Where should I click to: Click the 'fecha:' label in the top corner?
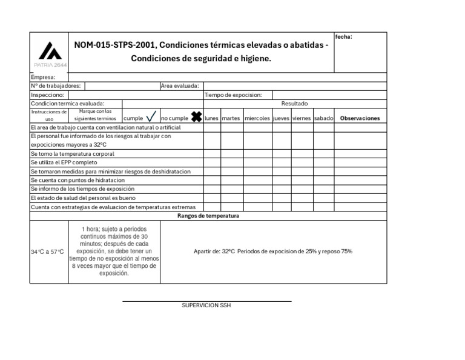tap(343, 37)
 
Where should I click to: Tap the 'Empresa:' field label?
tap(43, 77)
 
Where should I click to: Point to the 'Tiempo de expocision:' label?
tap(233, 95)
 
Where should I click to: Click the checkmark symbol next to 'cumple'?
tap(151, 117)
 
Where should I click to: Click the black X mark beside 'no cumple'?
tap(196, 116)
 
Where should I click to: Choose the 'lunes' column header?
tap(211, 118)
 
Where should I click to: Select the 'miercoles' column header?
tap(257, 118)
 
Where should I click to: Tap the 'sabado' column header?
tap(323, 118)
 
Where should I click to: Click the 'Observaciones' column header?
tap(360, 118)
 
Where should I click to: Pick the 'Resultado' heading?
tap(294, 104)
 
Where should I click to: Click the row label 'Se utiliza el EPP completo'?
tap(64, 162)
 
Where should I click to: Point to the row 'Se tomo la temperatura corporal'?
tap(72, 154)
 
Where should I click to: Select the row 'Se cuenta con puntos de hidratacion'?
tap(77, 180)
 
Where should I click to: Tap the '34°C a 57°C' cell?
tap(47, 252)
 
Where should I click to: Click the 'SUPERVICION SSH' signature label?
tap(206, 305)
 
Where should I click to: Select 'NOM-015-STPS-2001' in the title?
tap(113, 45)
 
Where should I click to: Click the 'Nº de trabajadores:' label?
tap(56, 86)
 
